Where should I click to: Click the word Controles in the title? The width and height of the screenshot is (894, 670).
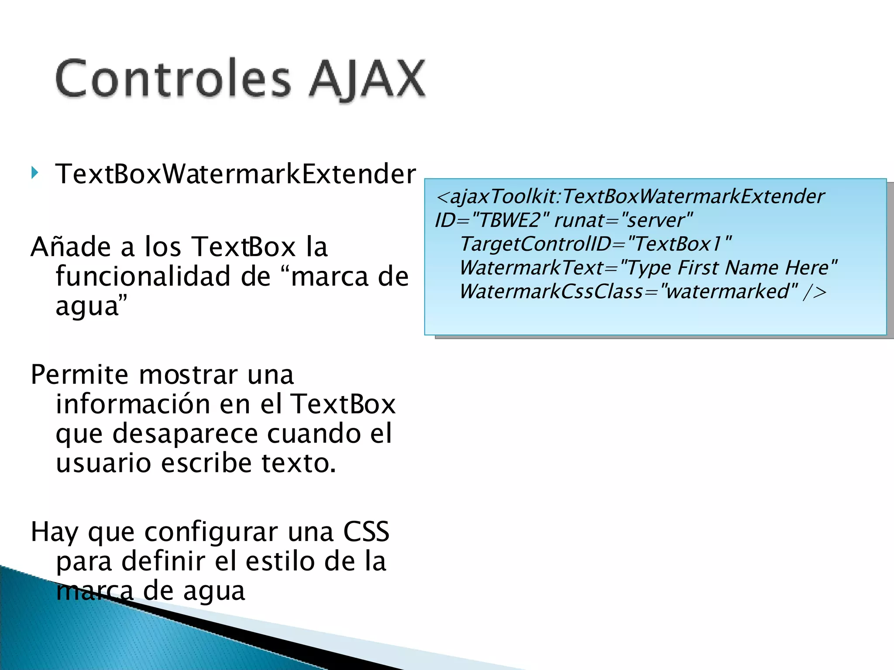[173, 79]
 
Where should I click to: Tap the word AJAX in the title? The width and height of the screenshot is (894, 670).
[368, 79]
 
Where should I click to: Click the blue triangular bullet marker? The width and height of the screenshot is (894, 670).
[35, 173]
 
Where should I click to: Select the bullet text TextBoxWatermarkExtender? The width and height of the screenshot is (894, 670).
[236, 174]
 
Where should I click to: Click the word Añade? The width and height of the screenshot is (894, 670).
[71, 247]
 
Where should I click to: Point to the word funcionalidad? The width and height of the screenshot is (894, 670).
[143, 277]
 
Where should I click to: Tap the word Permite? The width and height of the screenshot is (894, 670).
[79, 375]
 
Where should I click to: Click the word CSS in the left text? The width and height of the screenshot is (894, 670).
[366, 532]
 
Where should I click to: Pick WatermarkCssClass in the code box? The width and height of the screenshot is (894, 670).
[551, 291]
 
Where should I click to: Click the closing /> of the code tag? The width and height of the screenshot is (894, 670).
[815, 291]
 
